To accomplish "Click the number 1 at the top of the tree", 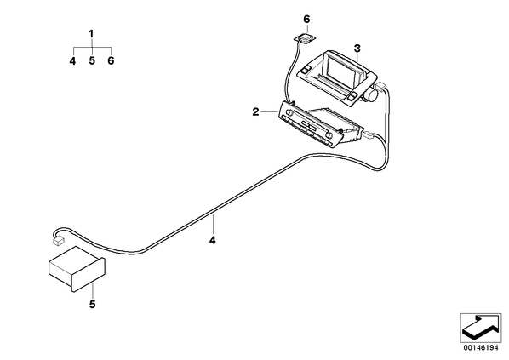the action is point(91,34).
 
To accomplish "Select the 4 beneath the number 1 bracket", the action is point(72,60).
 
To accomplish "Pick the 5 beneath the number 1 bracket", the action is point(92,60).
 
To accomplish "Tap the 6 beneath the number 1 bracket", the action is point(111,60).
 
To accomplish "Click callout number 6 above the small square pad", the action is point(306,20).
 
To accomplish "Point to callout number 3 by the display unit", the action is point(357,49).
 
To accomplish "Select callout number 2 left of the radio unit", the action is point(256,112).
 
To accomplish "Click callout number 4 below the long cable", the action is point(213,241).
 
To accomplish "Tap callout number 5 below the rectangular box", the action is point(93,305).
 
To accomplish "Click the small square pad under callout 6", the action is point(305,38).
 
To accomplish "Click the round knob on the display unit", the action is point(372,94).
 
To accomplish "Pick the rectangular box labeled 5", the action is point(77,268).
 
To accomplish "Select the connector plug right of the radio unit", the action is point(369,134).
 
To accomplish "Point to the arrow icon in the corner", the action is point(480,328).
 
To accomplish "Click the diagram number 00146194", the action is point(481,348).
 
